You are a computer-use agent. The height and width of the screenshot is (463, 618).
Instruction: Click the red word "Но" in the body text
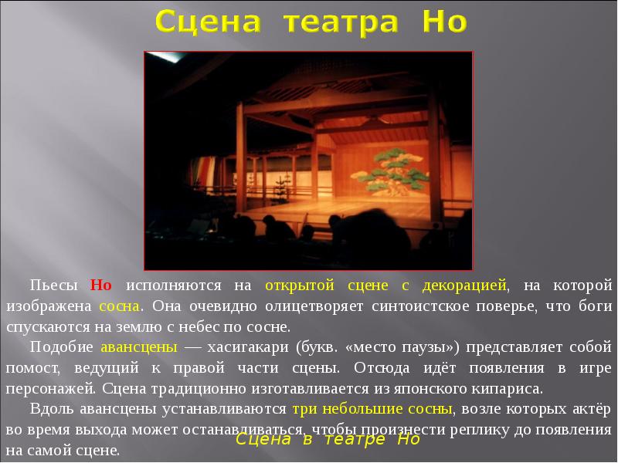pos(101,285)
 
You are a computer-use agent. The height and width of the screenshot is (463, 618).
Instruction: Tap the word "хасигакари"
pos(253,345)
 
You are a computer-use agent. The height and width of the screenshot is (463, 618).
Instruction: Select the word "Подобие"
pos(58,345)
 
